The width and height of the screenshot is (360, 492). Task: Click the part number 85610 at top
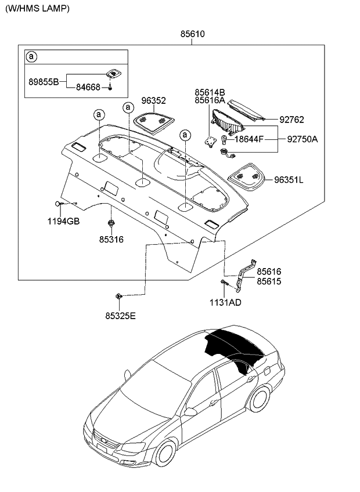pos(192,34)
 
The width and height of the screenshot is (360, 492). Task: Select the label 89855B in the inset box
pos(44,82)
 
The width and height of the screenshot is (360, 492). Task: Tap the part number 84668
pos(88,87)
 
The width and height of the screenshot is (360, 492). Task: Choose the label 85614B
pos(210,92)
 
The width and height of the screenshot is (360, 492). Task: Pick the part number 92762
pos(291,120)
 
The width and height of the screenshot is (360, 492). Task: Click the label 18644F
pos(250,139)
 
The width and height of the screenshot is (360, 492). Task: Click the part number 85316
pos(110,239)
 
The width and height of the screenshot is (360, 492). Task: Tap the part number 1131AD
pos(225,302)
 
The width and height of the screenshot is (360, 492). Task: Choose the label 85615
pos(269,281)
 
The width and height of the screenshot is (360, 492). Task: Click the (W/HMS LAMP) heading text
pos(37,8)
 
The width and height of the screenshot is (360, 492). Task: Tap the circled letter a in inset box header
pos(33,57)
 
